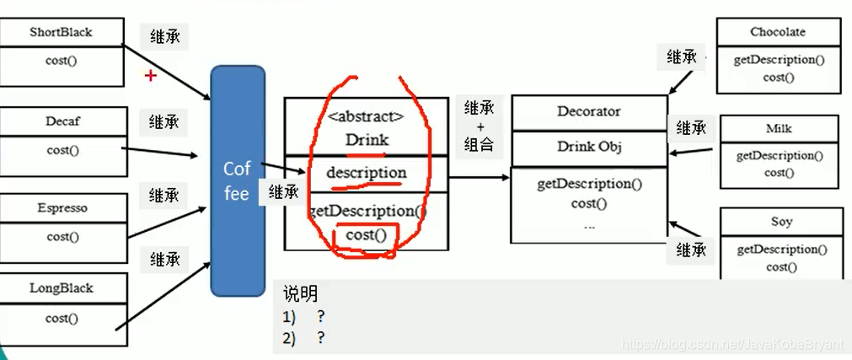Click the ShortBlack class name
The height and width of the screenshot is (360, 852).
click(60, 33)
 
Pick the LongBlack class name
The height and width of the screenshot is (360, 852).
click(61, 288)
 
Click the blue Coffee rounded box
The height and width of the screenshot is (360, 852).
click(237, 181)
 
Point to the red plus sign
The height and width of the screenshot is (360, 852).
click(151, 76)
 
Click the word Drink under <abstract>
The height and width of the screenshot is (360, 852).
click(367, 140)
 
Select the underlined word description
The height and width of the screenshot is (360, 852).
click(367, 172)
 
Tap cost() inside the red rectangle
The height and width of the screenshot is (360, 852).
click(367, 235)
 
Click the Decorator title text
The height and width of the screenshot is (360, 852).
click(589, 111)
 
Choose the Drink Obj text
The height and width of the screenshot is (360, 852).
click(589, 146)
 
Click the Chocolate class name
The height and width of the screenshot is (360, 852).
click(778, 32)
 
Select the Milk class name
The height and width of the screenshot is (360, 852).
click(779, 128)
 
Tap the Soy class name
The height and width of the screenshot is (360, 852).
click(781, 222)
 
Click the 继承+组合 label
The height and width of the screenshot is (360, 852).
click(480, 126)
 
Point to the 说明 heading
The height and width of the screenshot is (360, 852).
click(301, 293)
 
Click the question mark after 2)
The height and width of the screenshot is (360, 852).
click(321, 337)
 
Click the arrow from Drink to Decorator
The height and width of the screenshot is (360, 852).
click(478, 178)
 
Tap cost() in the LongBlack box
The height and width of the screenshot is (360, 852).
click(62, 318)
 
